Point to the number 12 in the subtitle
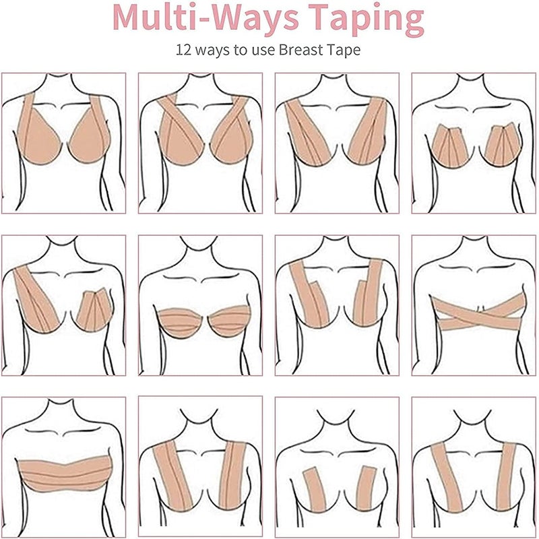(183, 50)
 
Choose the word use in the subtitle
(263, 51)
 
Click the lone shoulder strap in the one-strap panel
(34, 298)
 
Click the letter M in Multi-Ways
(128, 18)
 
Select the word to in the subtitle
(241, 51)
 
